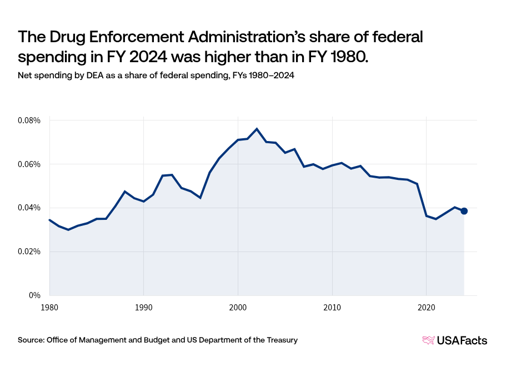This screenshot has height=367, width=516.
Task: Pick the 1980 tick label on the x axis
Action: click(x=49, y=306)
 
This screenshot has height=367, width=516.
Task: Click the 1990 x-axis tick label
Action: click(x=144, y=306)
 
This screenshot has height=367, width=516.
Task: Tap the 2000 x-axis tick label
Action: click(x=238, y=306)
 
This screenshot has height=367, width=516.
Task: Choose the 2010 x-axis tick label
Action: click(x=332, y=306)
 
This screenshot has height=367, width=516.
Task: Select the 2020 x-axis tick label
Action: click(x=426, y=306)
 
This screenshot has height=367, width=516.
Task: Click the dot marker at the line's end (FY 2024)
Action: click(x=464, y=211)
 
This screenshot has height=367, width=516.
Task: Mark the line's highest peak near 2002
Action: click(x=257, y=129)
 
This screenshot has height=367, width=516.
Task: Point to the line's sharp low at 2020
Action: click(x=426, y=215)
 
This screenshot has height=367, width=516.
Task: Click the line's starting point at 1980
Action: click(x=49, y=220)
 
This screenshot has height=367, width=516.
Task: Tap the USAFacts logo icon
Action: click(x=428, y=340)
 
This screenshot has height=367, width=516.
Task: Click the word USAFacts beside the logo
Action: click(x=463, y=340)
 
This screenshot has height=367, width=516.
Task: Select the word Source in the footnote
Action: click(x=31, y=340)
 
